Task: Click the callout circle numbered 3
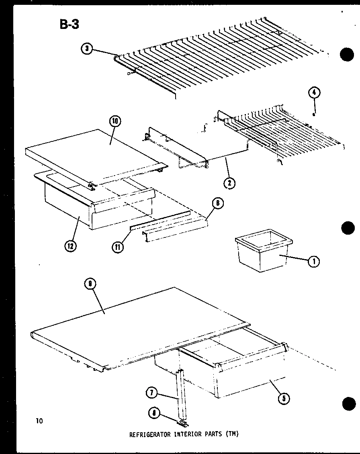(x=86, y=49)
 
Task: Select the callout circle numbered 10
(x=114, y=121)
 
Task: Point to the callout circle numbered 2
(x=229, y=183)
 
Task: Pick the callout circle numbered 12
(x=71, y=246)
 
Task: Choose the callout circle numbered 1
(x=314, y=262)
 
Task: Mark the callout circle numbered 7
(x=151, y=393)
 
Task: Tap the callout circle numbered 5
(x=284, y=398)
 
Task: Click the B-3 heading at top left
(x=70, y=25)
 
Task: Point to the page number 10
(x=39, y=421)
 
